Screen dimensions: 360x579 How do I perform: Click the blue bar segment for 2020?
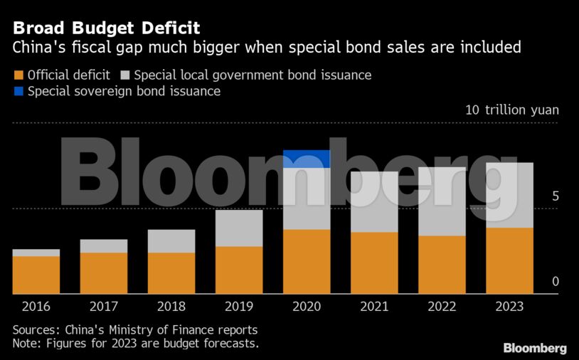click(x=307, y=159)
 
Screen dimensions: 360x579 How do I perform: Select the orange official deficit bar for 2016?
click(x=36, y=275)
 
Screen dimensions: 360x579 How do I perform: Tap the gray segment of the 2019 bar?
click(x=239, y=228)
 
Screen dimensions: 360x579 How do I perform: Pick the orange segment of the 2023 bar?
click(x=509, y=260)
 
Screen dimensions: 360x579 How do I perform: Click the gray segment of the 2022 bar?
click(x=442, y=201)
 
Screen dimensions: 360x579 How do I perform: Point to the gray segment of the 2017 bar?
click(x=104, y=246)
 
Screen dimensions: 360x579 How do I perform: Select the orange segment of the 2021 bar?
click(x=374, y=263)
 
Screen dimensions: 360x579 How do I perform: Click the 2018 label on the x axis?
click(x=171, y=307)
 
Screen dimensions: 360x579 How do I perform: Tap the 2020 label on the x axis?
click(x=307, y=307)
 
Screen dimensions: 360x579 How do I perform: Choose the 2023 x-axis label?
click(x=509, y=307)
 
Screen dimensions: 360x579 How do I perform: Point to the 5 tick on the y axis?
click(x=556, y=196)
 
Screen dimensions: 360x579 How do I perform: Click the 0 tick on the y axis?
click(x=556, y=282)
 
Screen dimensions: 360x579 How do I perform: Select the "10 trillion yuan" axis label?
click(x=511, y=110)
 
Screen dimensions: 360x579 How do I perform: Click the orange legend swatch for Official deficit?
click(x=18, y=75)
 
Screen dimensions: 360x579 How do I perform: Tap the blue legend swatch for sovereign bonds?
click(x=18, y=91)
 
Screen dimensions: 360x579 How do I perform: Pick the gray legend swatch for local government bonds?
click(x=124, y=75)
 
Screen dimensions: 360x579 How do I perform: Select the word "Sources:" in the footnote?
click(x=36, y=331)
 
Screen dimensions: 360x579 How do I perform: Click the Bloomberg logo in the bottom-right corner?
click(x=535, y=348)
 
